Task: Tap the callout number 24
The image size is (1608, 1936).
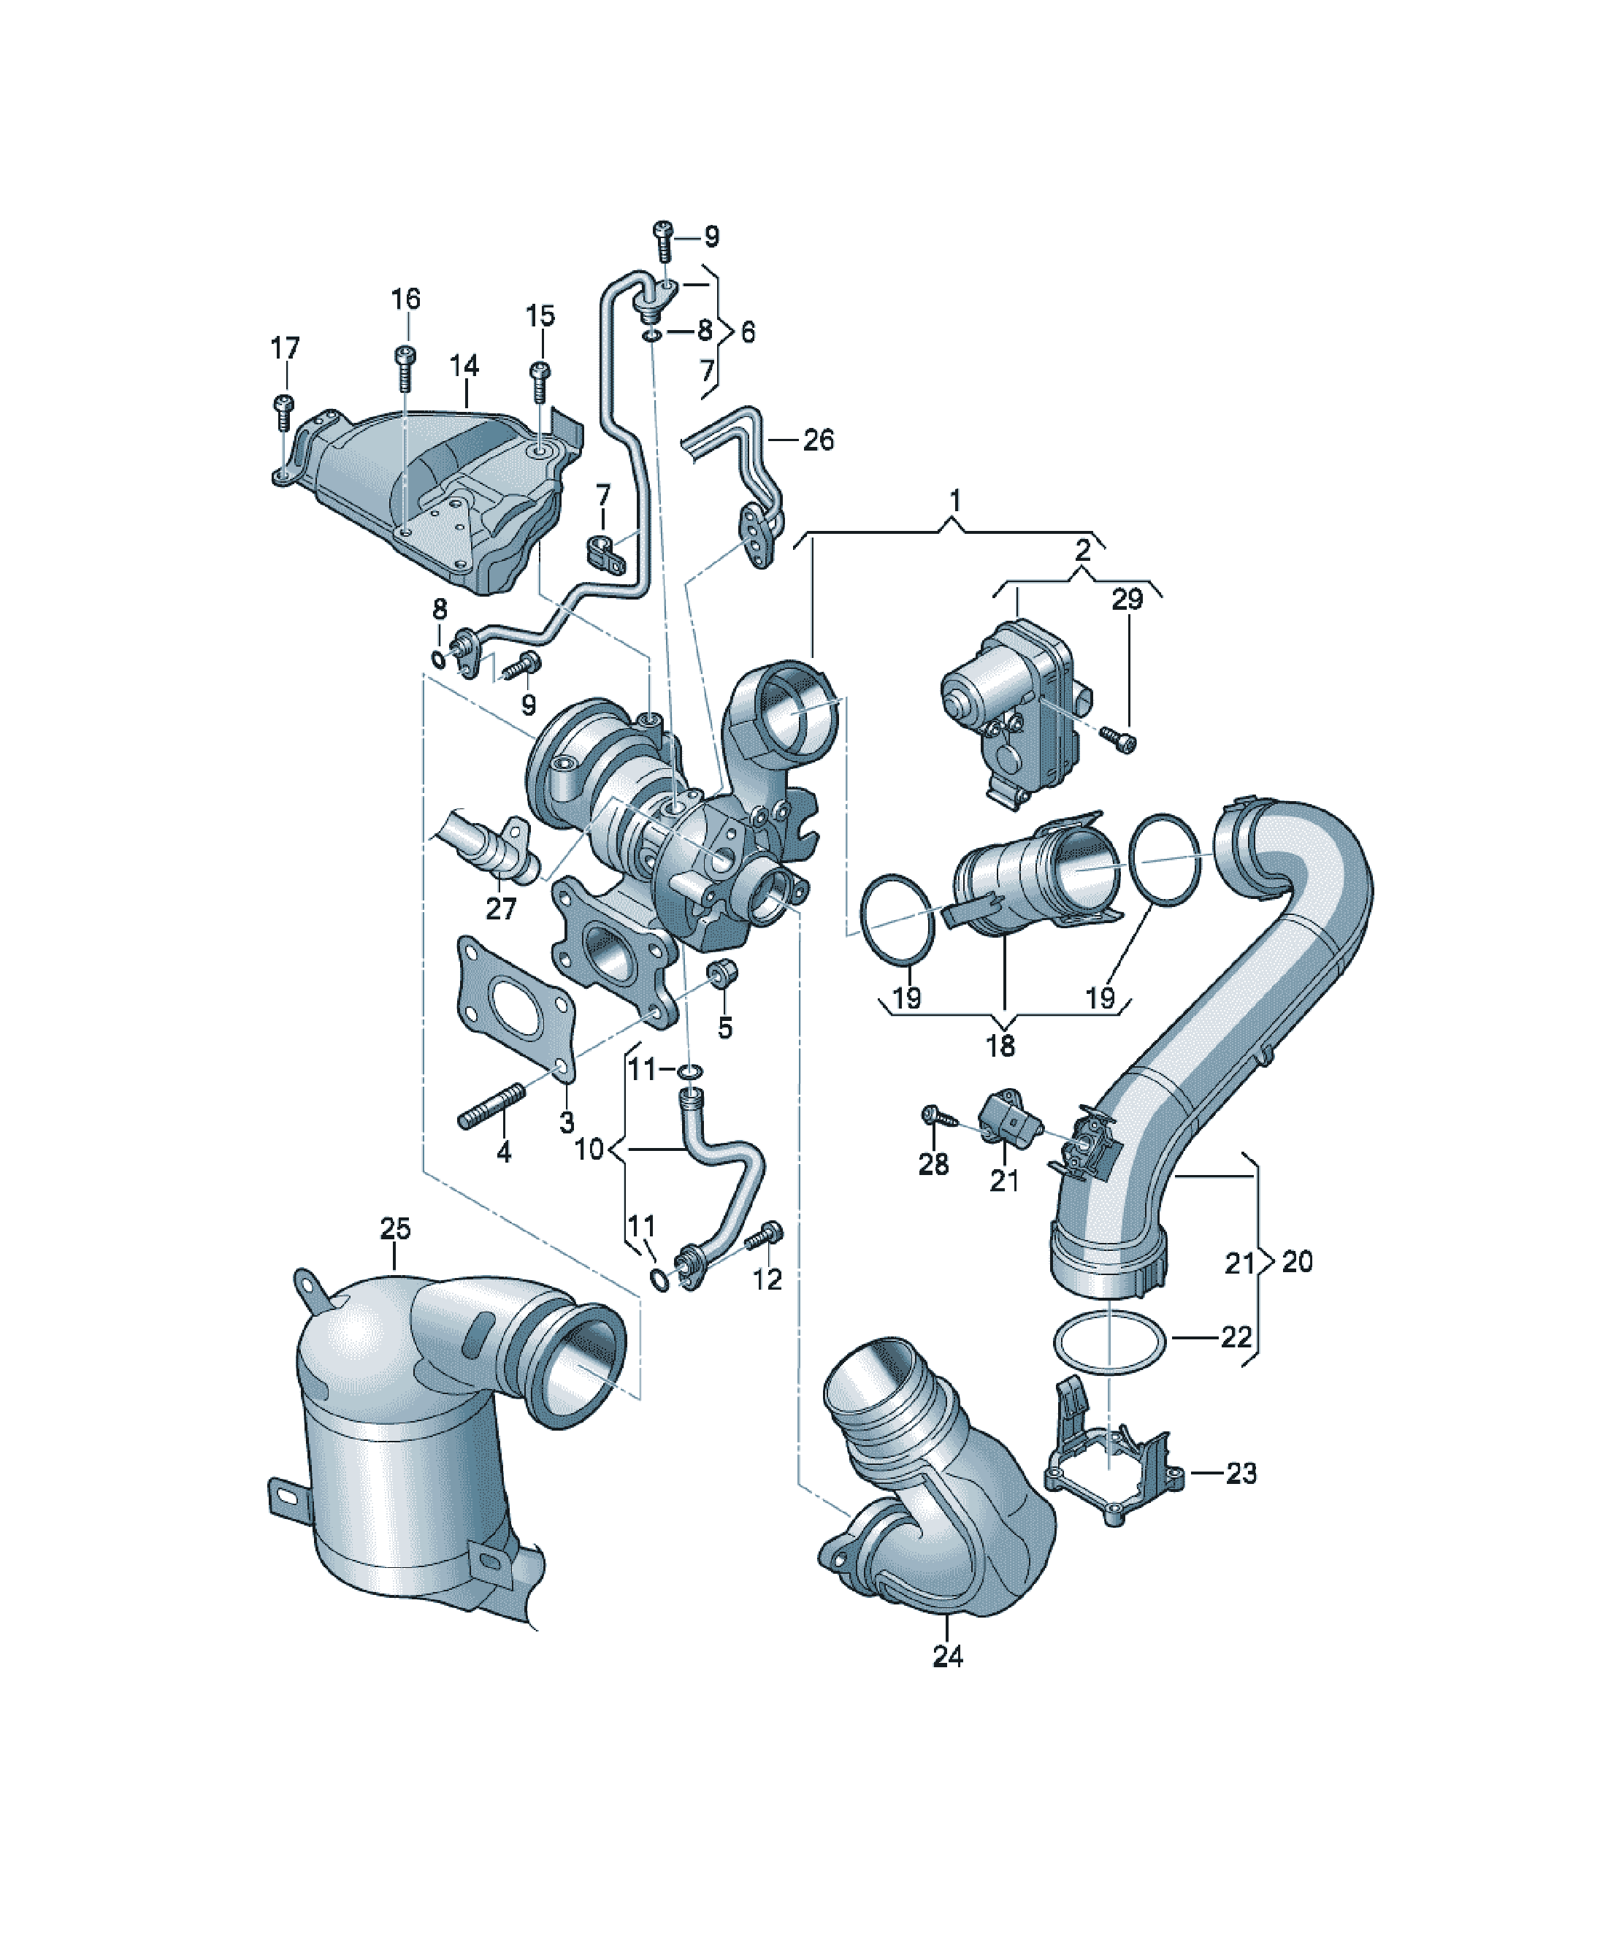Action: click(x=948, y=1656)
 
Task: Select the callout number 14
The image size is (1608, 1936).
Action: click(x=464, y=366)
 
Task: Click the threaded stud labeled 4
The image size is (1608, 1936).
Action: click(x=491, y=1106)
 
